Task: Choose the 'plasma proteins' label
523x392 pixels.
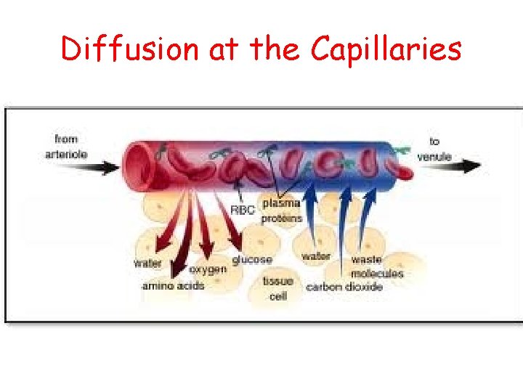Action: click(282, 211)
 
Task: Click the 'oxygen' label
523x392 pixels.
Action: click(208, 269)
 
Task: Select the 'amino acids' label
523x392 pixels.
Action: click(173, 286)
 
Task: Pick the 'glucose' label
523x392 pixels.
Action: click(252, 259)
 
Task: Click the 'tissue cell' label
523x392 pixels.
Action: click(278, 288)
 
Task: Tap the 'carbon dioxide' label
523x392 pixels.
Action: click(344, 287)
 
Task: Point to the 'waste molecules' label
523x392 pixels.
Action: click(376, 266)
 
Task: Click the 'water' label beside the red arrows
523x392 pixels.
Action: click(147, 264)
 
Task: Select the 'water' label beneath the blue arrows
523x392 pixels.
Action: click(316, 256)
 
